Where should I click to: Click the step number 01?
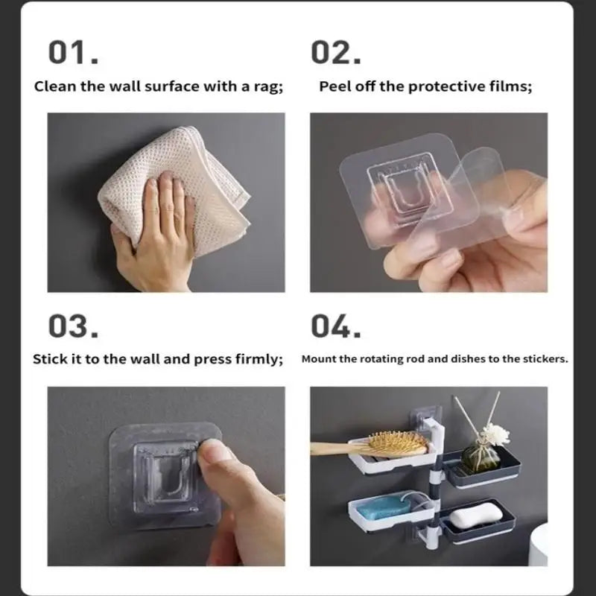coord(73,52)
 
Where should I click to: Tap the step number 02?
coord(336,52)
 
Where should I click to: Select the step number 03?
coord(73,326)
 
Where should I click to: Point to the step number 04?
coord(336,326)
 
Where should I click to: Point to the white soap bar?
coord(476,514)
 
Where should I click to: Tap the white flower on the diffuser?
coord(496,434)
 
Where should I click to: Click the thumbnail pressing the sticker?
coord(214,451)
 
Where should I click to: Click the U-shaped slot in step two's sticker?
coord(407,193)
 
